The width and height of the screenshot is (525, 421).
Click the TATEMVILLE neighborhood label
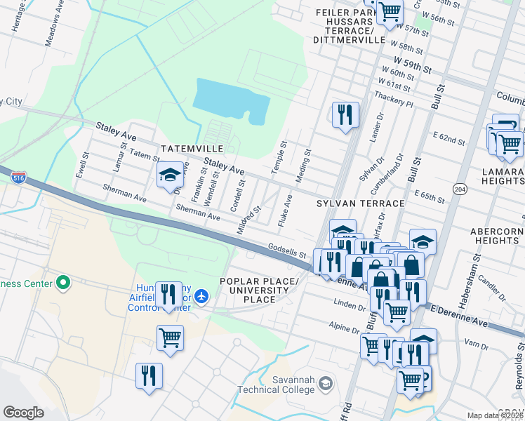(192, 149)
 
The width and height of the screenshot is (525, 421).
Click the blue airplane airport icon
(202, 296)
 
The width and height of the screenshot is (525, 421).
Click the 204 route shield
(460, 189)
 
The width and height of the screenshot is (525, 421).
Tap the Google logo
(23, 413)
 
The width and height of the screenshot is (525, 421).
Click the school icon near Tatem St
(169, 177)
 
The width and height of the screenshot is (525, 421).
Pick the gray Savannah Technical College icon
(325, 383)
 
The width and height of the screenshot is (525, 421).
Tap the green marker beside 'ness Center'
(63, 283)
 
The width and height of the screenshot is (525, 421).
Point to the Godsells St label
(287, 250)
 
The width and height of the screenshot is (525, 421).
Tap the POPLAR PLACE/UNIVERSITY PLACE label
(258, 290)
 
